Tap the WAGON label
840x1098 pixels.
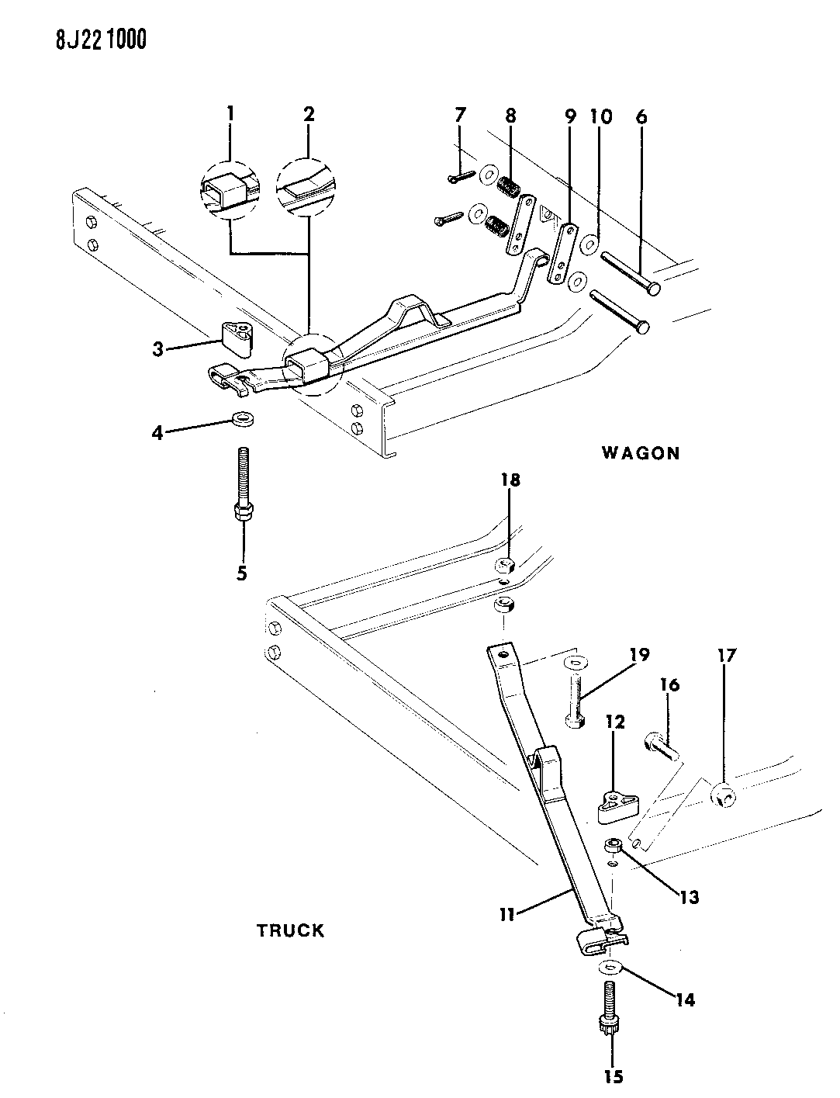(640, 453)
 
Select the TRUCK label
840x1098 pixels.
(290, 930)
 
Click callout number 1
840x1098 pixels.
(230, 114)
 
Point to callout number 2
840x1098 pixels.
(309, 114)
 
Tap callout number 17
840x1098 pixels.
(727, 656)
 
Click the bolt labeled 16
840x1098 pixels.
(659, 747)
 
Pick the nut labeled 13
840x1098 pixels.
(614, 844)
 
